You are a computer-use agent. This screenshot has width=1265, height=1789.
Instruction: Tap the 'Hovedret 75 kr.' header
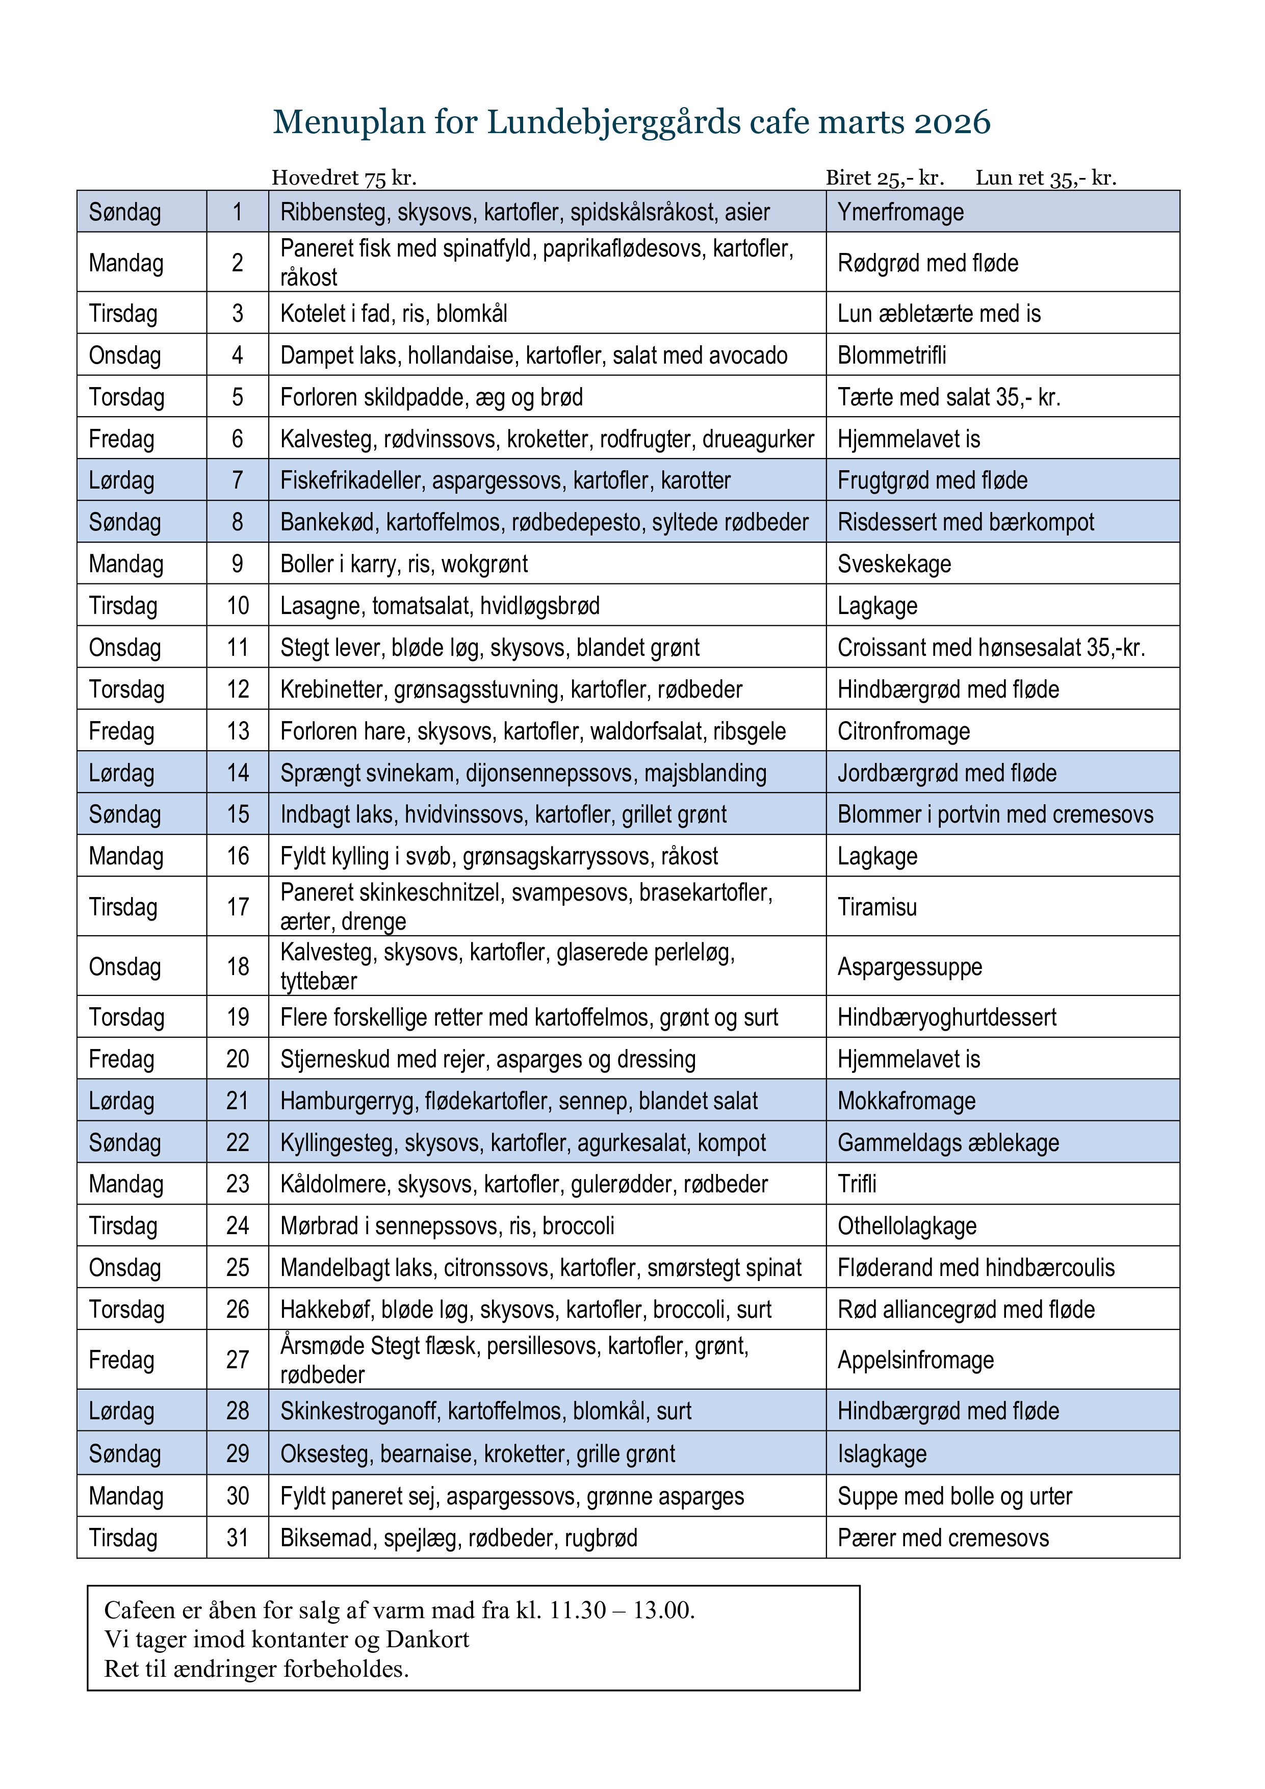click(344, 178)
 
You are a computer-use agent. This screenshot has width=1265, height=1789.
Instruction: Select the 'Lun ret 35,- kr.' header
click(1045, 178)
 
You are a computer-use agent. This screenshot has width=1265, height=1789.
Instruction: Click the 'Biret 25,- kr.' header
click(885, 178)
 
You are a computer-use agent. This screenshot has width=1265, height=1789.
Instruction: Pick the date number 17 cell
click(238, 907)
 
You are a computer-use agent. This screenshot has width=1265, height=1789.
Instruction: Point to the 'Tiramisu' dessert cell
click(877, 907)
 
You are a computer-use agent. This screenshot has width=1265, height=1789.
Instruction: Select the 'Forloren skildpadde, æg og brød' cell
click(431, 397)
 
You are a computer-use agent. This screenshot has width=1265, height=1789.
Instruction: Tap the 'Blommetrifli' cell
click(892, 356)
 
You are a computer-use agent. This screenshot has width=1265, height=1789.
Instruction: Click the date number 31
click(238, 1538)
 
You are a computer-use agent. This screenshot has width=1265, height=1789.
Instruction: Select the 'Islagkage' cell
click(882, 1454)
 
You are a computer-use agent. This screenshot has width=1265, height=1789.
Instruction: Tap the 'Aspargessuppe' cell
click(910, 967)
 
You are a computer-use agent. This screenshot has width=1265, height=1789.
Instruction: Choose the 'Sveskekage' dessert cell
click(894, 564)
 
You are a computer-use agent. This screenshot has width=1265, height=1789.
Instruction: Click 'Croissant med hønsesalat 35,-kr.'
click(991, 648)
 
